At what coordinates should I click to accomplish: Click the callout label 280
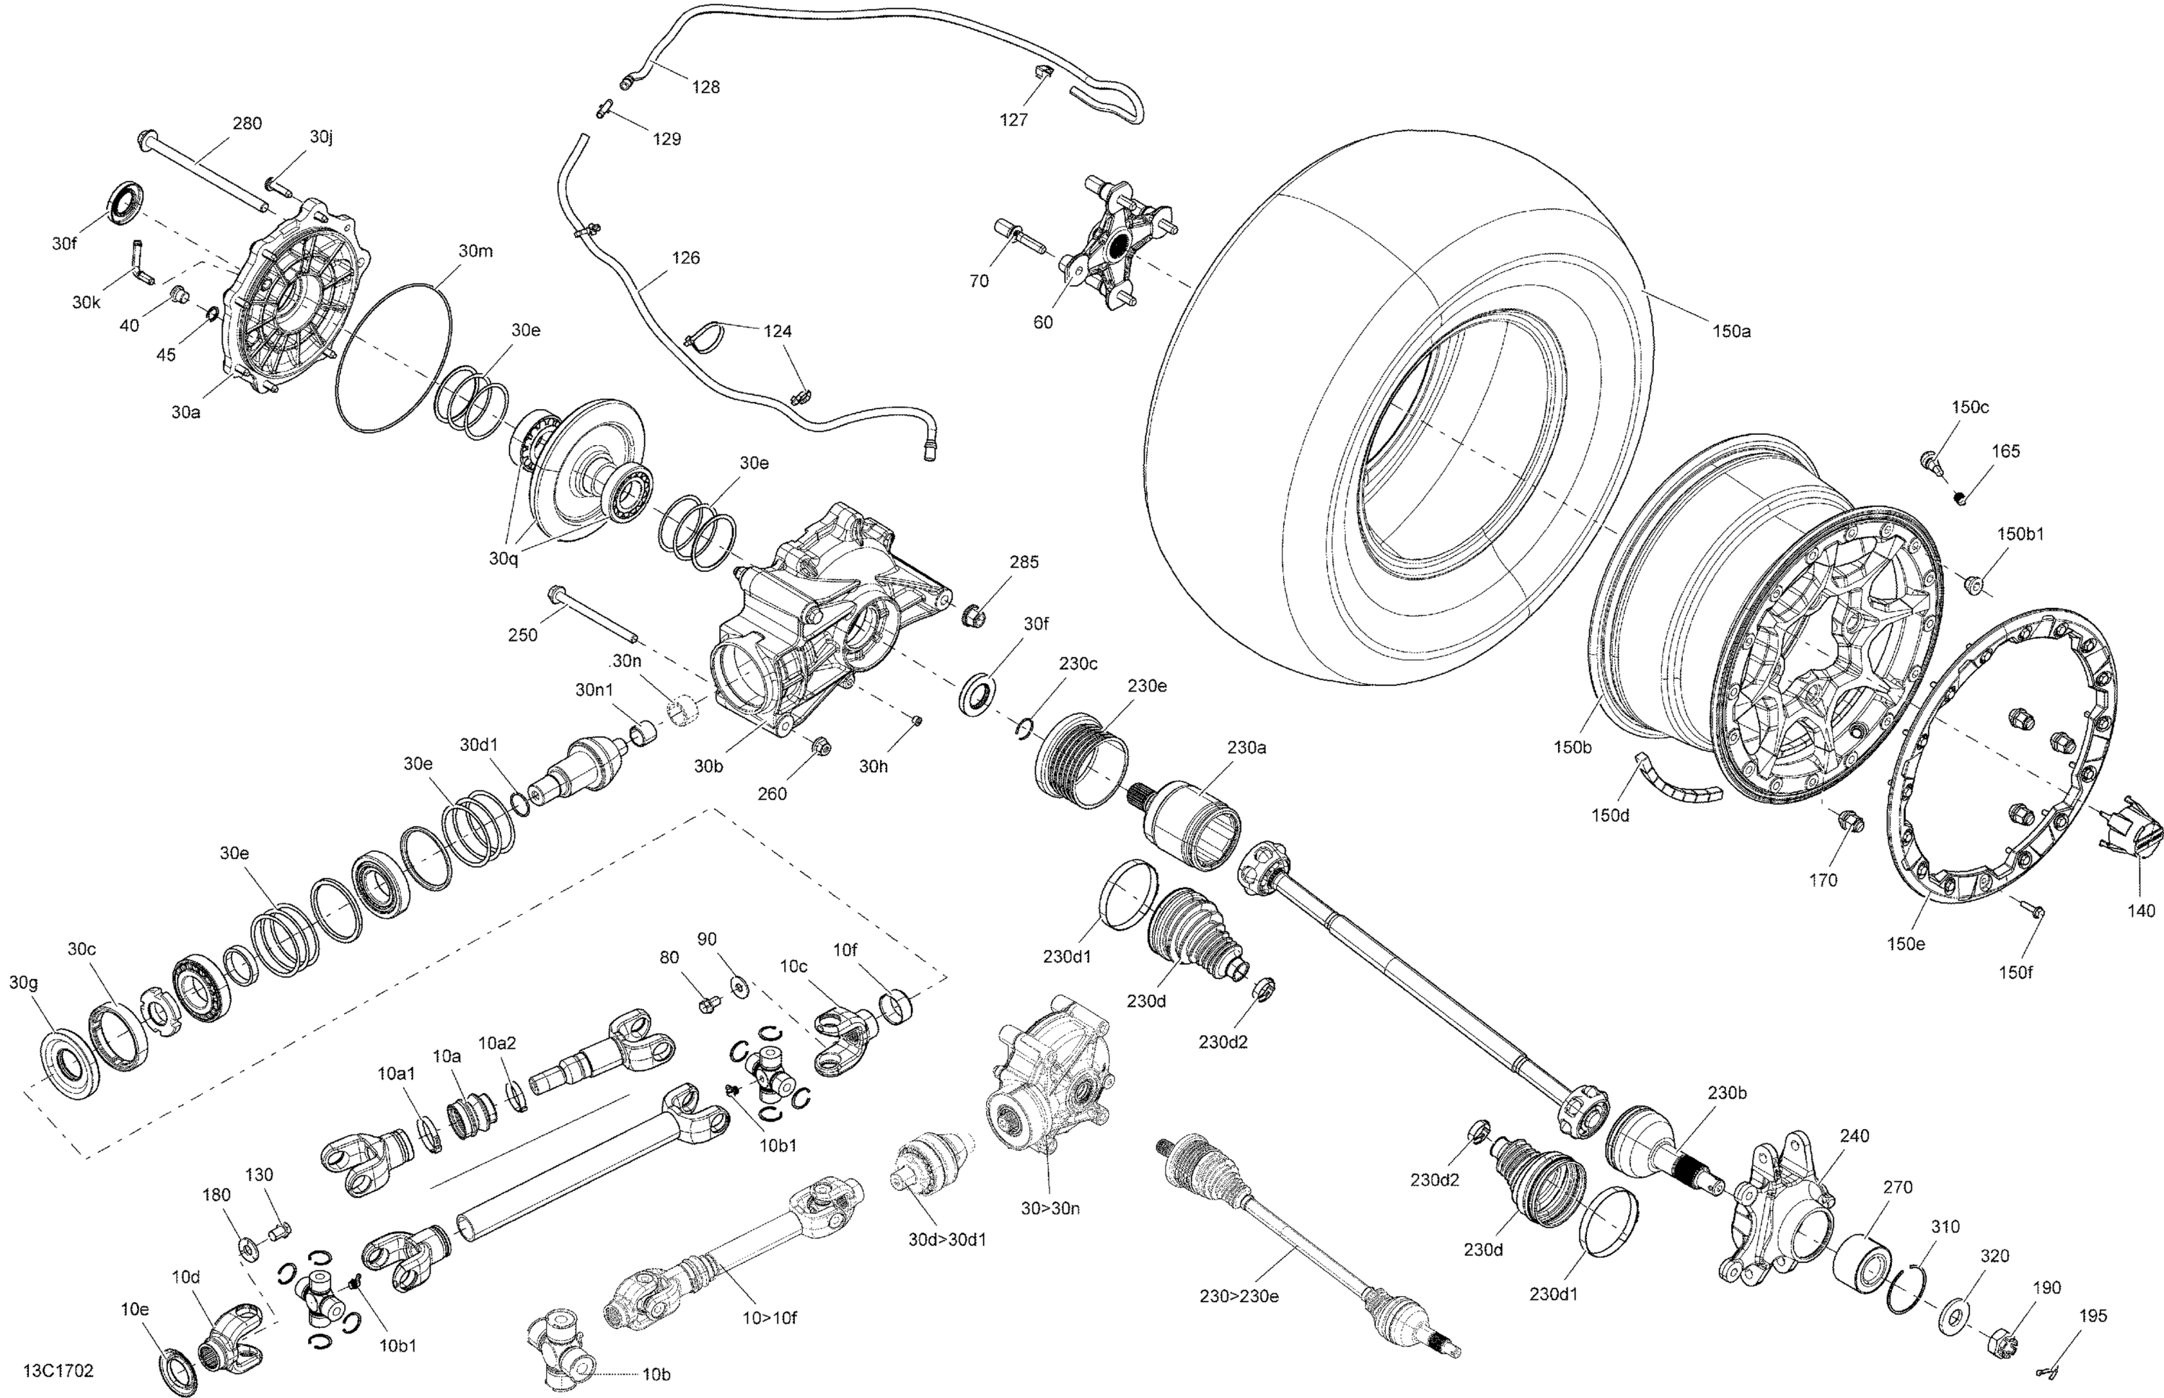coord(247,123)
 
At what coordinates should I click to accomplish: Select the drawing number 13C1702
coord(58,1371)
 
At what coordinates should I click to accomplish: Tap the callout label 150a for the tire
coord(1731,331)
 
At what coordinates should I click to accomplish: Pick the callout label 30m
coord(475,250)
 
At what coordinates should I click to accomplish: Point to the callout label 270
coord(1897,1187)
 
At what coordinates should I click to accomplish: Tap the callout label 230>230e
coord(1239,1296)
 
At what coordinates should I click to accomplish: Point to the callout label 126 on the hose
coord(685,258)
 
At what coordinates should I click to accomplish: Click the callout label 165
coord(2006,451)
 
